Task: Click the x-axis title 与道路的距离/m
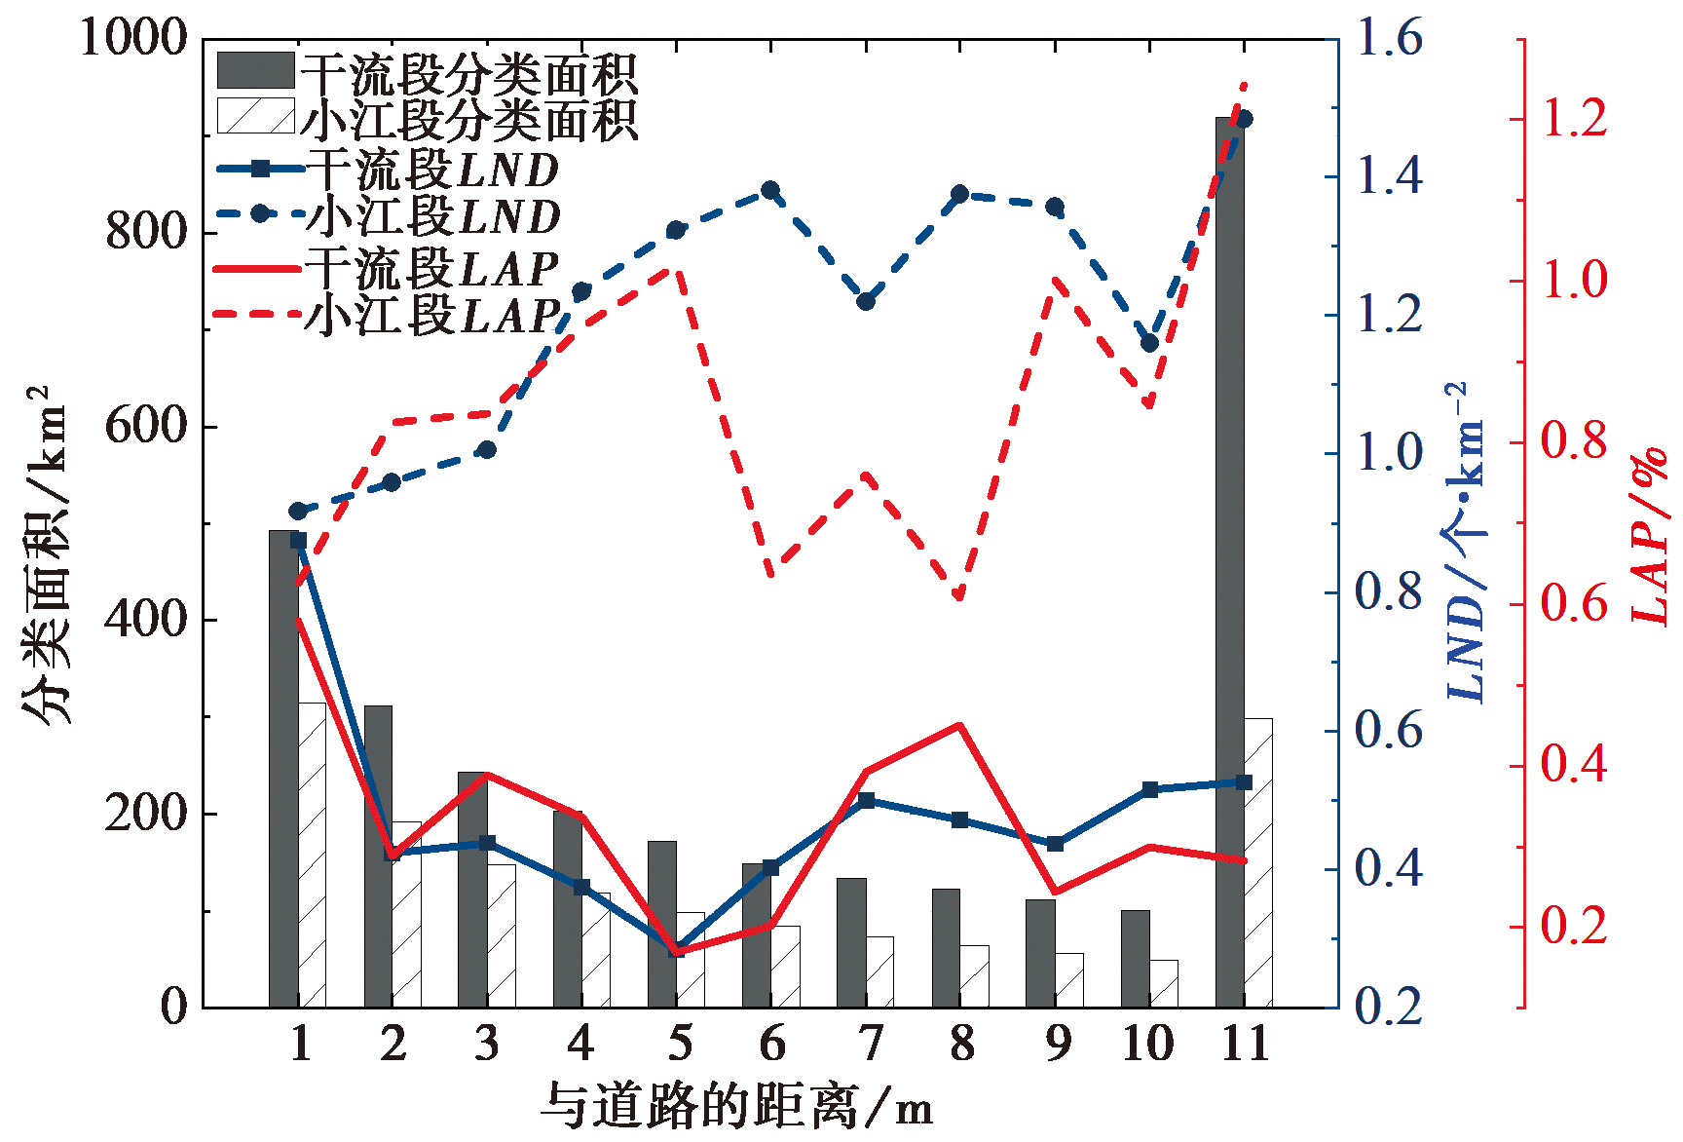(x=737, y=1106)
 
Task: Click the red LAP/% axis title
(x=1650, y=536)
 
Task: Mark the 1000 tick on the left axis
(x=132, y=39)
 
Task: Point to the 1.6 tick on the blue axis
(x=1388, y=39)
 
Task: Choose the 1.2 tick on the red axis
(x=1573, y=119)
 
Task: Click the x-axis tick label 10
(x=1148, y=1045)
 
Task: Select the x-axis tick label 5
(x=679, y=1045)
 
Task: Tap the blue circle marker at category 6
(x=770, y=190)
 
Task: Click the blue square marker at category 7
(x=866, y=800)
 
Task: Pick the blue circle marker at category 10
(x=1149, y=343)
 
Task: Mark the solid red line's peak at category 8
(x=959, y=725)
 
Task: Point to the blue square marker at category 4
(x=581, y=887)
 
